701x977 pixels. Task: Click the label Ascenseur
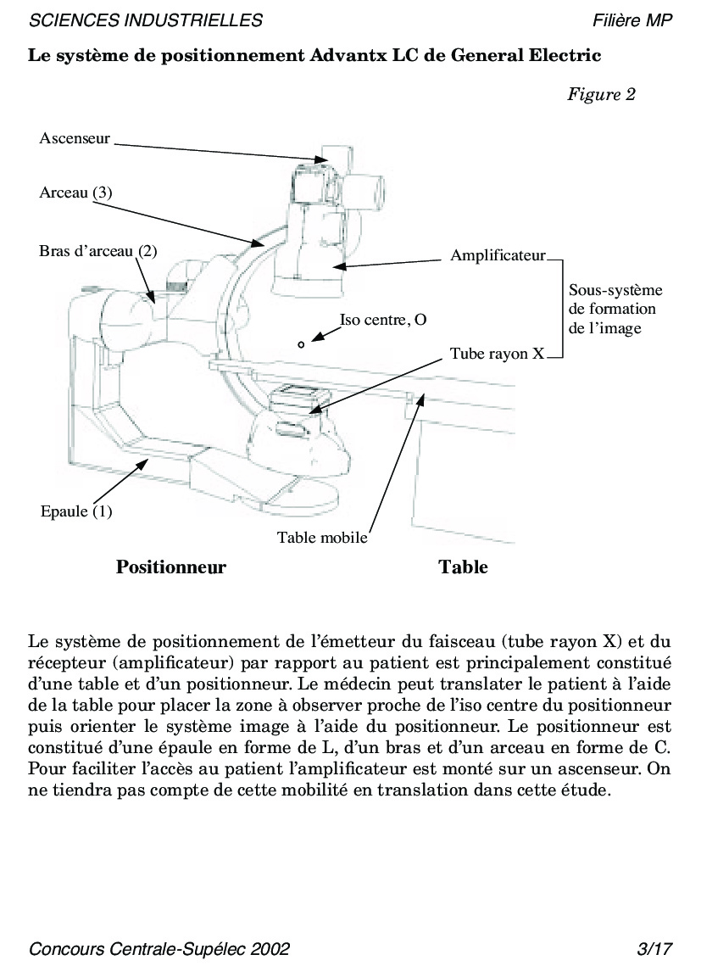click(x=75, y=138)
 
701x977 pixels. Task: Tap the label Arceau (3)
click(x=75, y=193)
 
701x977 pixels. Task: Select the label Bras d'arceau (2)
click(x=98, y=252)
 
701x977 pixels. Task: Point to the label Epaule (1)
click(x=76, y=511)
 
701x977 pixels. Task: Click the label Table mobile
click(x=322, y=537)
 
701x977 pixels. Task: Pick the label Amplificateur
click(x=498, y=255)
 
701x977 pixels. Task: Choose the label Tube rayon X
click(x=497, y=354)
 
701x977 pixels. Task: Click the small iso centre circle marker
click(x=301, y=344)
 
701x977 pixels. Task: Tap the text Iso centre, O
click(x=382, y=320)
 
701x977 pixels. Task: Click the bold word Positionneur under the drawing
click(x=171, y=567)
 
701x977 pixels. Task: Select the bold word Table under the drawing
click(x=463, y=567)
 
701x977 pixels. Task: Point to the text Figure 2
click(x=601, y=94)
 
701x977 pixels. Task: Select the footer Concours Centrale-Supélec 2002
click(x=159, y=949)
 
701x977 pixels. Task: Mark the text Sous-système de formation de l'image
click(x=615, y=309)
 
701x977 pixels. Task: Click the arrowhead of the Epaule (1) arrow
click(x=149, y=459)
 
